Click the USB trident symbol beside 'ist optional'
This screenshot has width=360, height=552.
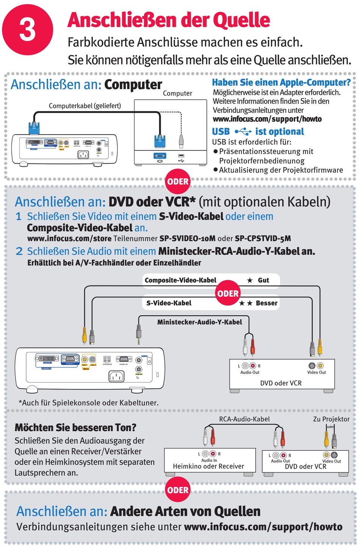pyautogui.click(x=243, y=132)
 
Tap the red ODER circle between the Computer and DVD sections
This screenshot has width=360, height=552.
pyautogui.click(x=178, y=182)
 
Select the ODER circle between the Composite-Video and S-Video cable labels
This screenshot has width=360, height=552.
pyautogui.click(x=228, y=293)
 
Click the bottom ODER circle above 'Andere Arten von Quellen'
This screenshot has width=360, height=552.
pyautogui.click(x=178, y=490)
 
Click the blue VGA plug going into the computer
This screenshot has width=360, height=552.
pyautogui.click(x=160, y=141)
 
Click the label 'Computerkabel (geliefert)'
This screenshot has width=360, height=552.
pyautogui.click(x=85, y=106)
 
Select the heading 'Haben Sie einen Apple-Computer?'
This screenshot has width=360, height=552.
pyautogui.click(x=281, y=83)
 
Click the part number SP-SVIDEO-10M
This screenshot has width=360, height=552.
pyautogui.click(x=187, y=238)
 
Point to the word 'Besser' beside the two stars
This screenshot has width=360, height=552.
pyautogui.click(x=266, y=303)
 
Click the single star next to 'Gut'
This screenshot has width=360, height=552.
pyautogui.click(x=250, y=281)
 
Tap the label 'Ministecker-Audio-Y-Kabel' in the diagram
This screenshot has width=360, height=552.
pyautogui.click(x=199, y=322)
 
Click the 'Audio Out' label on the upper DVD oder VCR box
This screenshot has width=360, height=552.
pyautogui.click(x=250, y=372)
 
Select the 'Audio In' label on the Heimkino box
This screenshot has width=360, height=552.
pyautogui.click(x=209, y=460)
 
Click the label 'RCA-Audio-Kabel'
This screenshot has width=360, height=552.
pyautogui.click(x=244, y=419)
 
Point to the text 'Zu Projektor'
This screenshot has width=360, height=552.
pyautogui.click(x=331, y=419)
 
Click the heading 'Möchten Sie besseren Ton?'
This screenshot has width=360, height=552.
pyautogui.click(x=75, y=428)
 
